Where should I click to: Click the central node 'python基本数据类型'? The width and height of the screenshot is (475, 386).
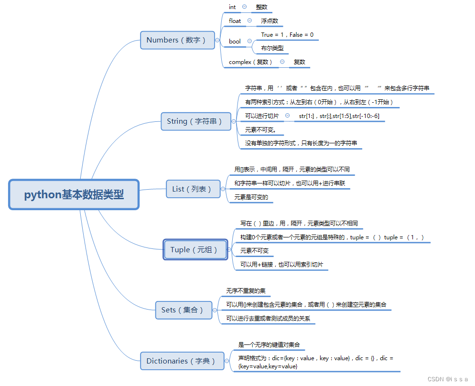(x=74, y=194)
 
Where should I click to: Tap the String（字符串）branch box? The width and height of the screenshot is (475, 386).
(x=194, y=121)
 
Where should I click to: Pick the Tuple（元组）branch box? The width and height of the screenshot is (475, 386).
(x=194, y=250)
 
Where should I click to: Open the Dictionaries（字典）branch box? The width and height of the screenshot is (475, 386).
(x=182, y=361)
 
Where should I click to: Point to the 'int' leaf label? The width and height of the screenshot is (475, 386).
(x=232, y=7)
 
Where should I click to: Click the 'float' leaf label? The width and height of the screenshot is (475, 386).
(x=235, y=21)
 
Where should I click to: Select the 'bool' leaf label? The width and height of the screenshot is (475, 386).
(x=235, y=42)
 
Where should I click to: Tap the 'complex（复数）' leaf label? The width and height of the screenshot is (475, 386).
(x=251, y=62)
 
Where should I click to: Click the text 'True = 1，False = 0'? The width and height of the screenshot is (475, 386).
(x=287, y=35)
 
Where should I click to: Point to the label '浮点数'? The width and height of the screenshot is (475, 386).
(x=270, y=21)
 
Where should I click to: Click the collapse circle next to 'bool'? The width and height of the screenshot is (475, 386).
(x=249, y=42)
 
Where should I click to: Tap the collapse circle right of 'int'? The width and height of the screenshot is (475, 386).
(x=245, y=7)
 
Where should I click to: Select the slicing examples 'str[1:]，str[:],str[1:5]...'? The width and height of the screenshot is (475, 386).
(x=339, y=116)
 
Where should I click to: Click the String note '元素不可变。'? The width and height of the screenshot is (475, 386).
(x=261, y=130)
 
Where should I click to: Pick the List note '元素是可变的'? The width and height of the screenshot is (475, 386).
(x=251, y=197)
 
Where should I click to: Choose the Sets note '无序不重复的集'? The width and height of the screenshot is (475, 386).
(x=246, y=290)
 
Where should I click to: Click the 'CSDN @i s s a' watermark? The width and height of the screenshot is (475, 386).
(x=447, y=379)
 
